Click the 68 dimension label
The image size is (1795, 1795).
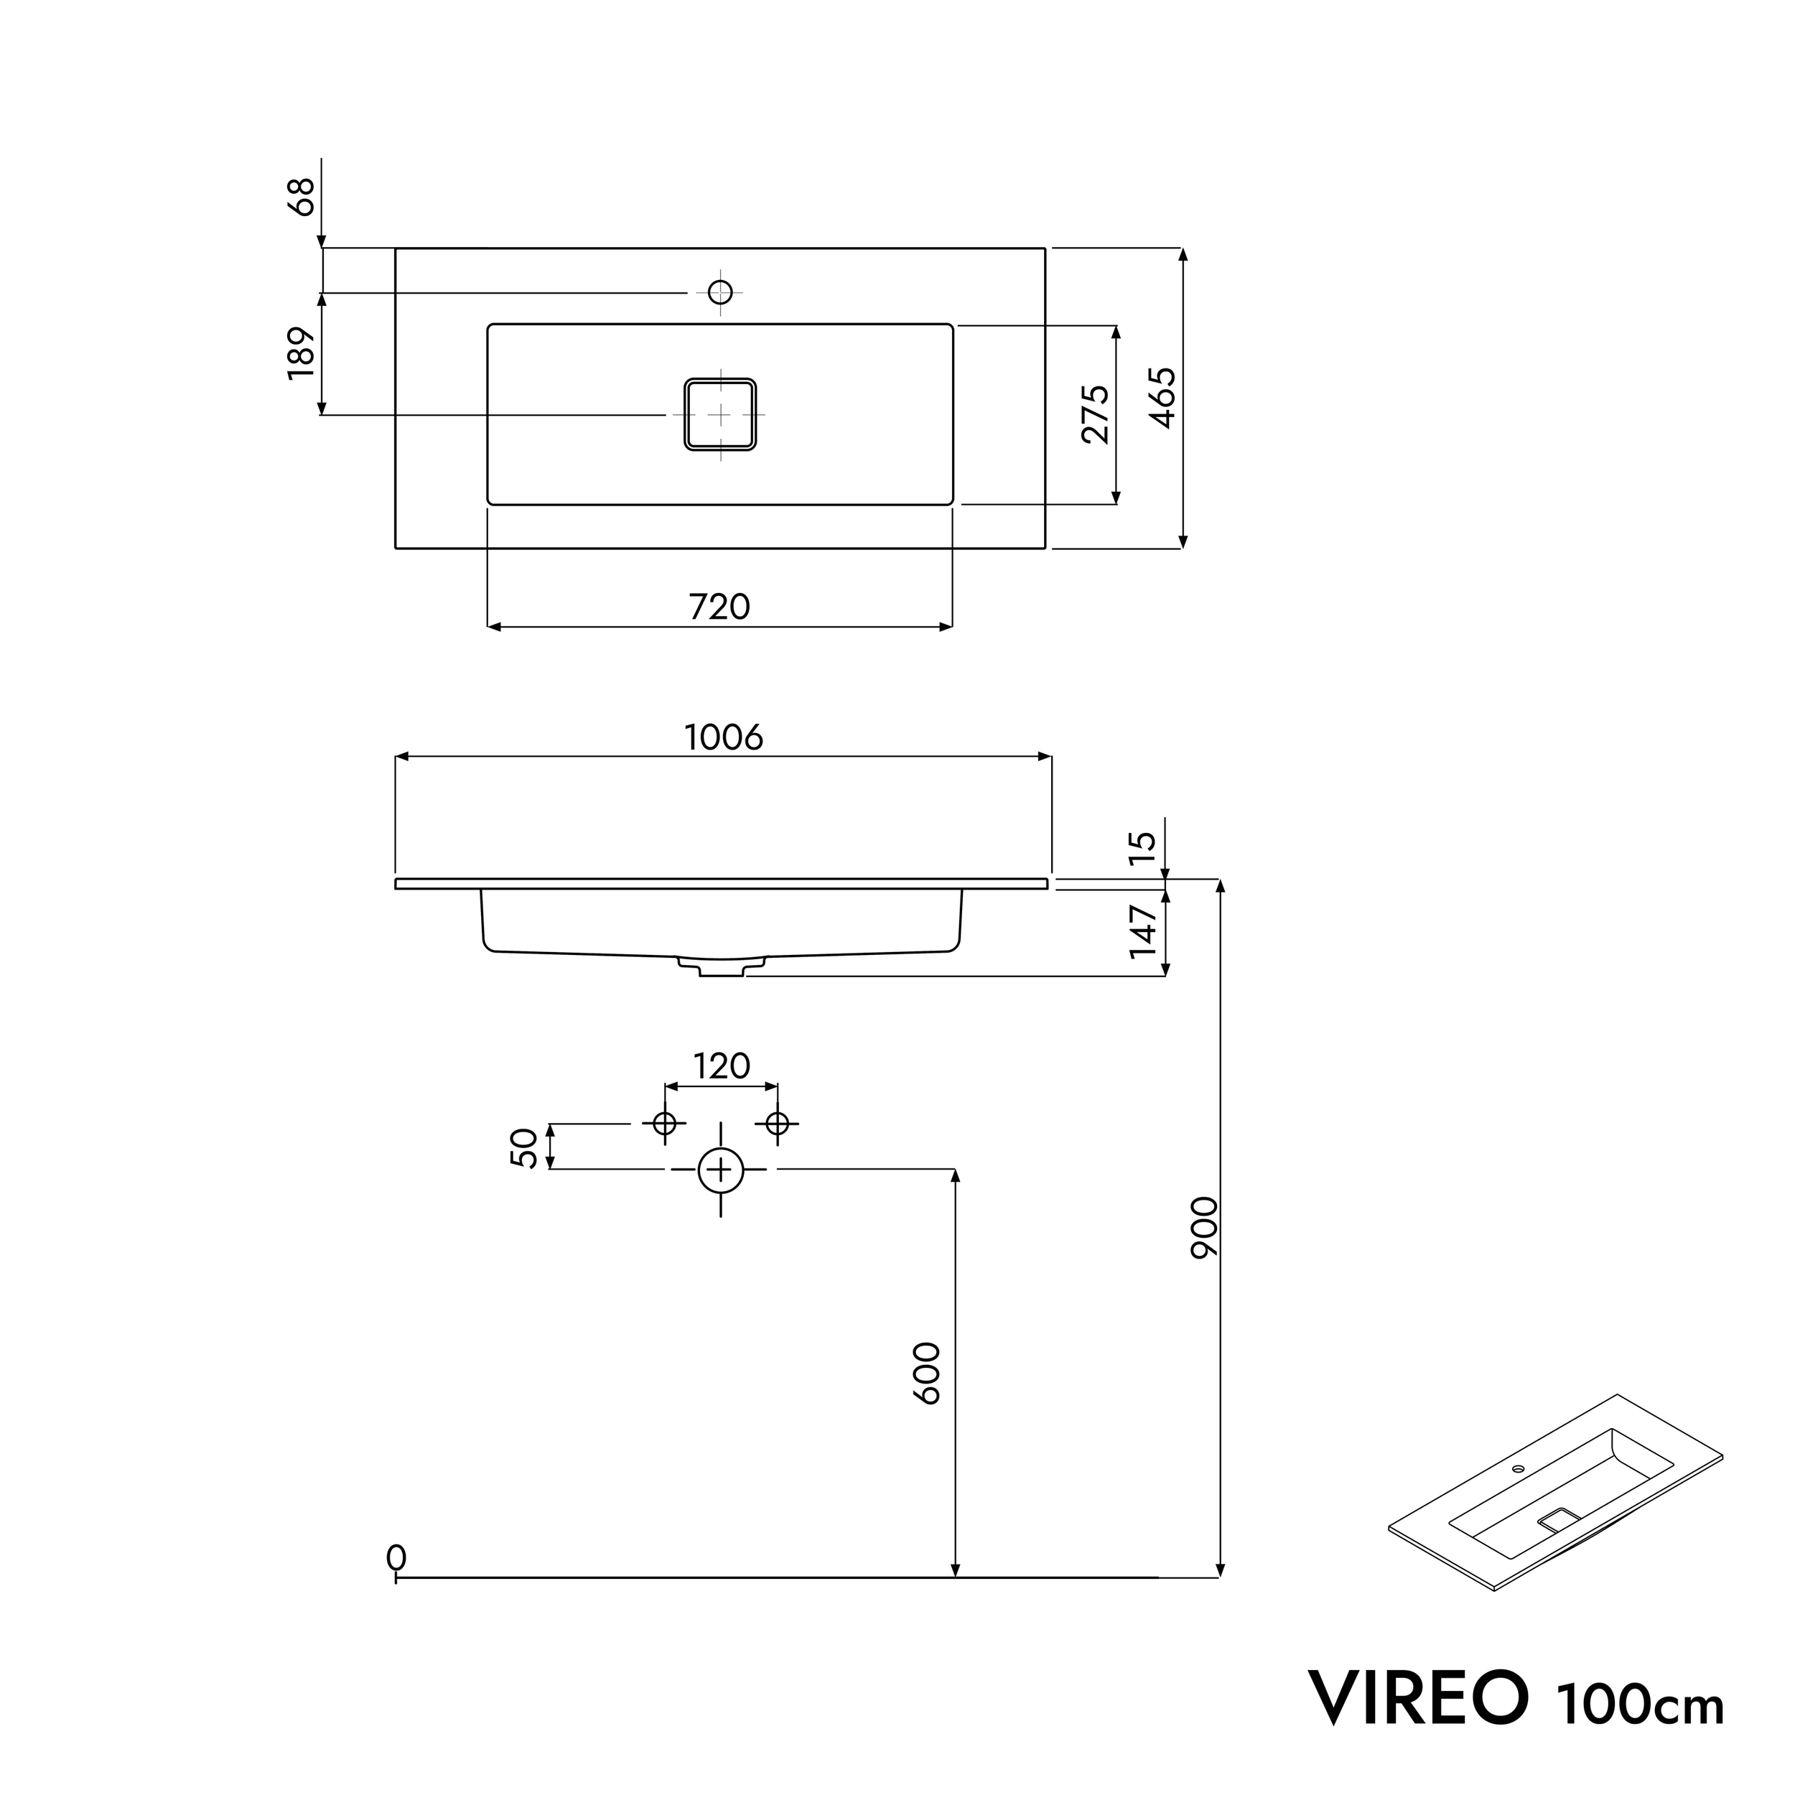click(x=302, y=196)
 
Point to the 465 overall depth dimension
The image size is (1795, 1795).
click(x=1163, y=398)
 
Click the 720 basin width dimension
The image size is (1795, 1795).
click(x=719, y=607)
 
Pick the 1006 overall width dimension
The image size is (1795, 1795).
click(x=723, y=737)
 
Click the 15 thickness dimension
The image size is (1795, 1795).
click(x=1143, y=847)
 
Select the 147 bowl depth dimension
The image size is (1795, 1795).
click(x=1143, y=932)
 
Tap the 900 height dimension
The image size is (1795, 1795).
click(x=1204, y=1227)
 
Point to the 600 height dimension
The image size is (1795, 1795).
click(x=926, y=1374)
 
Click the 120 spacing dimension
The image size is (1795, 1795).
click(x=722, y=1066)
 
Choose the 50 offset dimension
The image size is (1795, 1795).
click(x=524, y=1147)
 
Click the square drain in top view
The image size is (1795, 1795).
click(x=720, y=414)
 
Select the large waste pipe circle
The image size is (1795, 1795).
click(x=721, y=1170)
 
